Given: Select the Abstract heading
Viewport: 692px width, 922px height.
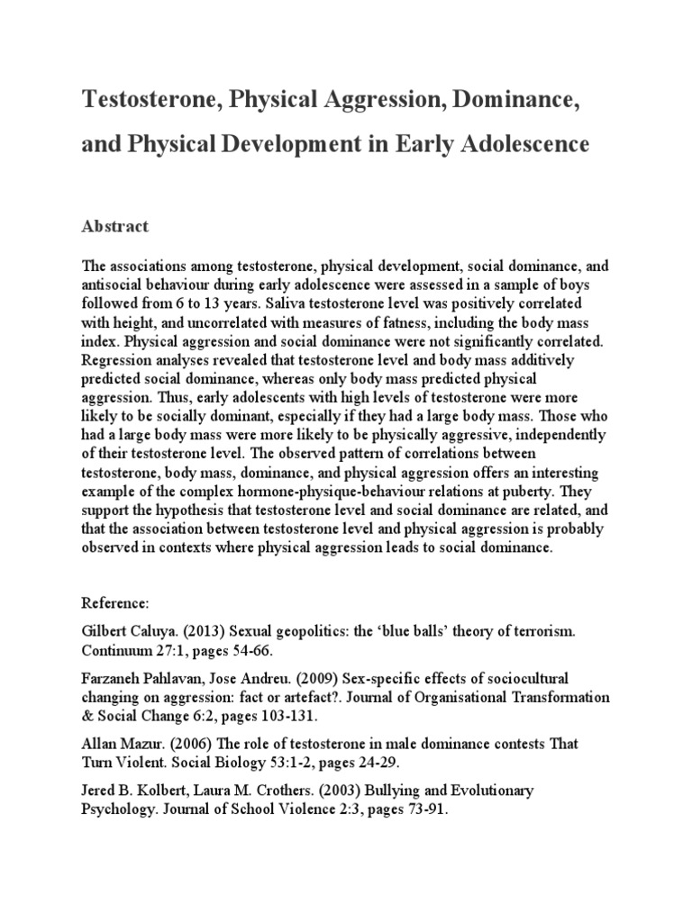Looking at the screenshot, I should (114, 226).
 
